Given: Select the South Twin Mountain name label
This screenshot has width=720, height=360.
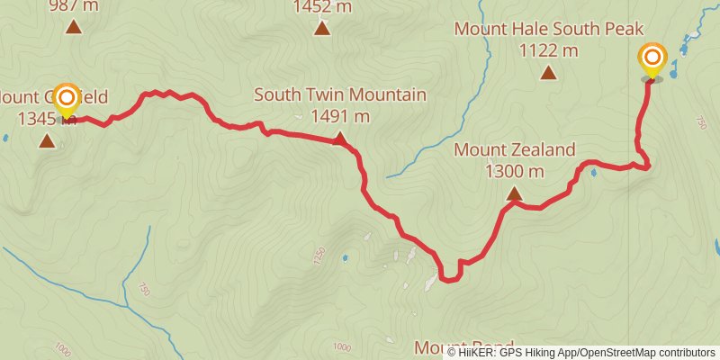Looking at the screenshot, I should (340, 94).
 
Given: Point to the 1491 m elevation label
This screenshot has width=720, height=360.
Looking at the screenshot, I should (340, 115).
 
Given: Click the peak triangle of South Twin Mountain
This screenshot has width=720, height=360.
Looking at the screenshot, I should (339, 139).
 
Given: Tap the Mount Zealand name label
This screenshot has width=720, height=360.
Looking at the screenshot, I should (514, 149).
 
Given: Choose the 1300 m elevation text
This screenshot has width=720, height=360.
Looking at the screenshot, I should (514, 170).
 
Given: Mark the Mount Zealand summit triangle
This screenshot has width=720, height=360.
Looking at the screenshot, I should (514, 193).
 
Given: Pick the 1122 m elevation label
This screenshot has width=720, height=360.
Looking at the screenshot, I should (548, 49).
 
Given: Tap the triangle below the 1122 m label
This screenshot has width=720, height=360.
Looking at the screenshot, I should (548, 73).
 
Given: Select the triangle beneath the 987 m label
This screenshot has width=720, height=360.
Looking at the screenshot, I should (73, 27).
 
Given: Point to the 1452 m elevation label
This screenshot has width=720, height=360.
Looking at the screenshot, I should (322, 8).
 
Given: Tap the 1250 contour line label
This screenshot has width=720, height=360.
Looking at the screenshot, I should (318, 256).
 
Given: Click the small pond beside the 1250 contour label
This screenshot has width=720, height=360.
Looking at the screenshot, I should (345, 259).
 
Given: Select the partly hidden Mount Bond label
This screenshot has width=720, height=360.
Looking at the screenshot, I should (463, 347).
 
